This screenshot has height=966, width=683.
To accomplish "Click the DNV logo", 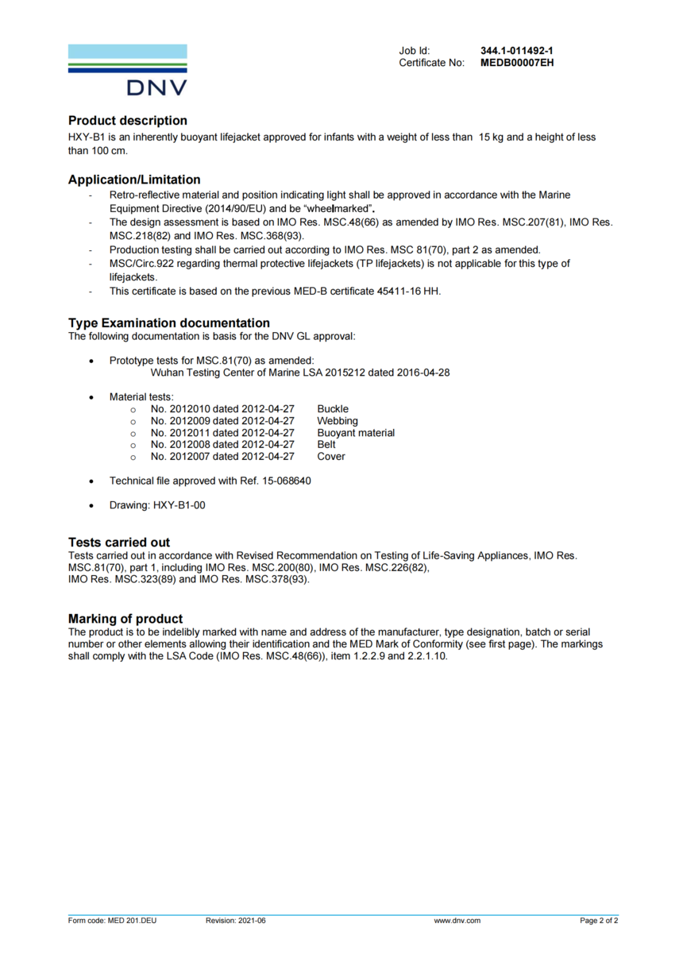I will pos(128,70).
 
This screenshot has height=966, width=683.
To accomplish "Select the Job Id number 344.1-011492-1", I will pos(516,51).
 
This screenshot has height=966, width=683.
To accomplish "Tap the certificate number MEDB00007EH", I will pos(517,63).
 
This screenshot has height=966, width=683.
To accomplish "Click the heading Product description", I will pos(128,121).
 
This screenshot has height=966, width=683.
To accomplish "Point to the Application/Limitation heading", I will pos(134,180).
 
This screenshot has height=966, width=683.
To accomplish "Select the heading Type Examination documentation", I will pos(169,323).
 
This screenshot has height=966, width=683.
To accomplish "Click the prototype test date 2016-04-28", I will pos(423,372).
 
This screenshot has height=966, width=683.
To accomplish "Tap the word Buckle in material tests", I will pos(333,409).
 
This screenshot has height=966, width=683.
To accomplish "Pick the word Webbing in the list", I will pos(338,421).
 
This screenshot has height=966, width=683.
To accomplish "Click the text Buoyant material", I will pos(356,433).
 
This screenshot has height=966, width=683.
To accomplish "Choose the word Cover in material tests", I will pos(331,457).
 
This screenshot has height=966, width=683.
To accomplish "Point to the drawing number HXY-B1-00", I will pos(179,505).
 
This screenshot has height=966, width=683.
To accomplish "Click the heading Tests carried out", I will pos(119,543).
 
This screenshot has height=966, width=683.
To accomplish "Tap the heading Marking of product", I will pos(125,619).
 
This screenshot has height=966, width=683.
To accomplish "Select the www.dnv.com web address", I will pos(457,921).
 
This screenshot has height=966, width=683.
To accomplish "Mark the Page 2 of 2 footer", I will pos(599,921).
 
